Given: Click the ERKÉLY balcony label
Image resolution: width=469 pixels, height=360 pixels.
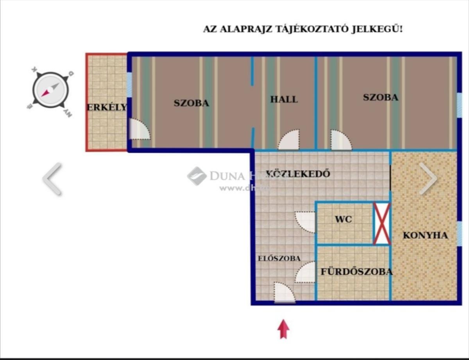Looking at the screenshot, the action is click(107, 107).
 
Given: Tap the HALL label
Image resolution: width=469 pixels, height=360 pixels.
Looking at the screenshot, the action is click(284, 99).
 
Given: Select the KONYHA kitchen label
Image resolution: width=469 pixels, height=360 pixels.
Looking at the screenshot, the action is click(425, 235).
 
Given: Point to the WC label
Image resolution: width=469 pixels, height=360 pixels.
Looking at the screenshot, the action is click(343, 219).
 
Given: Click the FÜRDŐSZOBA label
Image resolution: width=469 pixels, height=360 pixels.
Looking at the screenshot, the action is click(356, 272).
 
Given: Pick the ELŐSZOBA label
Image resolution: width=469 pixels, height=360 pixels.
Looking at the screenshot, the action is click(279, 258).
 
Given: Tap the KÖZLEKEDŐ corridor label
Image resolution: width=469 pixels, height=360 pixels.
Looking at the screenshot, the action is click(298, 174).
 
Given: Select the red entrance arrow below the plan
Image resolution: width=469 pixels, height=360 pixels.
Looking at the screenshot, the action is click(283, 329).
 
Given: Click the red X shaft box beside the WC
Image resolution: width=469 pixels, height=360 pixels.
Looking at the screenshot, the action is click(381, 223).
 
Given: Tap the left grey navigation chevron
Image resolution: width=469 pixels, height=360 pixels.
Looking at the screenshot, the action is click(52, 178).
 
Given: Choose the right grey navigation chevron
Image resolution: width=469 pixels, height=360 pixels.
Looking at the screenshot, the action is click(428, 178).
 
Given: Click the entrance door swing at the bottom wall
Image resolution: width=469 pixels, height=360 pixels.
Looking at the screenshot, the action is click(284, 292).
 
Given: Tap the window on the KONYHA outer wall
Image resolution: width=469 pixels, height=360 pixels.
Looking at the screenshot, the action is click(460, 233).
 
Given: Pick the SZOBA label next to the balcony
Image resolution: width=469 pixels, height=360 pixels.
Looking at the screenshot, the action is click(191, 103).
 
